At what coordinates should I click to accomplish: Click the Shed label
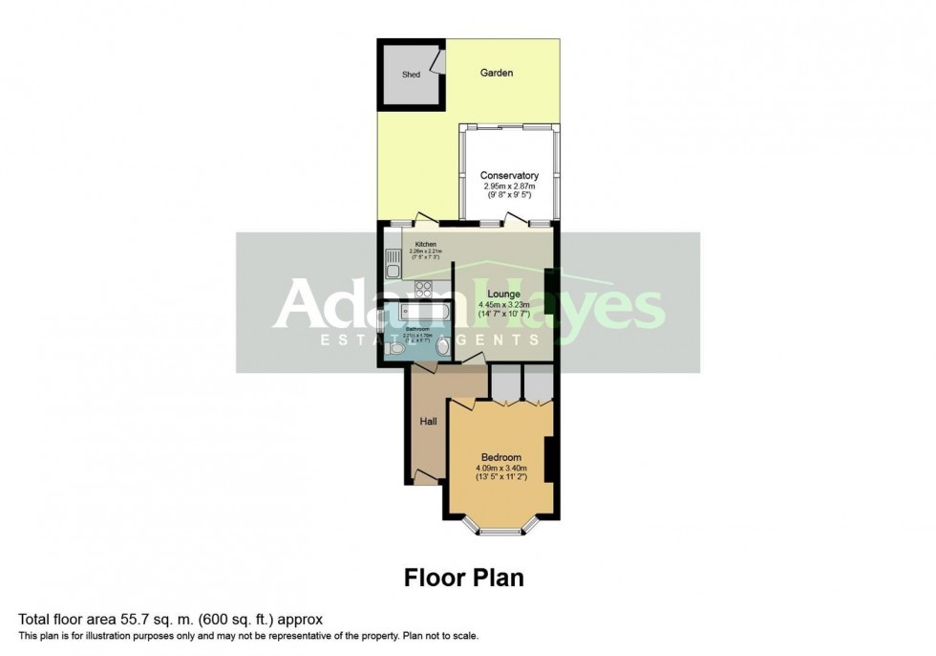[x=411, y=74]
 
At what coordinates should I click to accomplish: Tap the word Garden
[x=497, y=73]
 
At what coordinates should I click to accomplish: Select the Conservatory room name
[x=509, y=176]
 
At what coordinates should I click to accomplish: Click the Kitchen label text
[x=425, y=245]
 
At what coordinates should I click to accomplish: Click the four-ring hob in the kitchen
[x=424, y=288]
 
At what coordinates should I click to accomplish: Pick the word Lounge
[x=502, y=294]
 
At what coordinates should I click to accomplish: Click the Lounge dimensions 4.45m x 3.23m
[x=502, y=306]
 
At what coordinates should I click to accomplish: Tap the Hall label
[x=428, y=421]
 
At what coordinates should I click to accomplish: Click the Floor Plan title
[x=464, y=578]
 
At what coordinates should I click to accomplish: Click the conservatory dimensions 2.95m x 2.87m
[x=509, y=186]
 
